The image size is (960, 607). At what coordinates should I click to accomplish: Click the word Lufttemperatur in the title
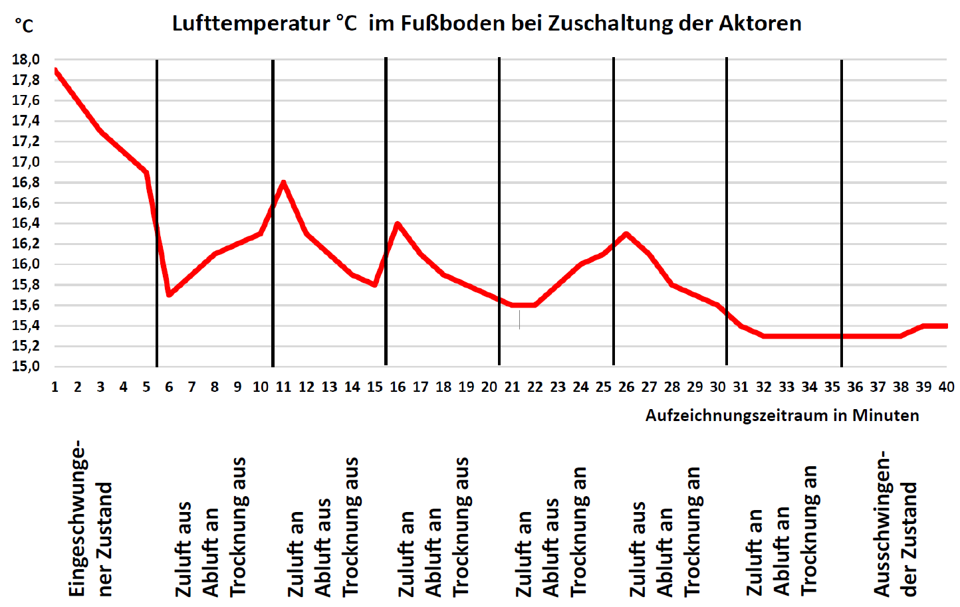click(251, 24)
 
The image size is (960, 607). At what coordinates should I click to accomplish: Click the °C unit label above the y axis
click(24, 27)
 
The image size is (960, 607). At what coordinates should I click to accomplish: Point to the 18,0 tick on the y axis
click(26, 60)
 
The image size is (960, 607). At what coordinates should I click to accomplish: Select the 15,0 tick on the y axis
click(26, 367)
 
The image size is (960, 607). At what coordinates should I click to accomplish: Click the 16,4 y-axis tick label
click(26, 223)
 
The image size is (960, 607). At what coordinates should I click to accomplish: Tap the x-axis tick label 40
click(946, 387)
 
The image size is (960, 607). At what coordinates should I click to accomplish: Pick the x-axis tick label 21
click(512, 387)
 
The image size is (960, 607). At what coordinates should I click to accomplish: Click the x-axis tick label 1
click(55, 387)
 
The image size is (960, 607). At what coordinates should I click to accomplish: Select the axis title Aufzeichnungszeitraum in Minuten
click(782, 416)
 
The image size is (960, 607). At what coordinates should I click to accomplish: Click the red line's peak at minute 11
click(284, 182)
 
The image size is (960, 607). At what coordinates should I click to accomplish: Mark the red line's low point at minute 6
click(169, 294)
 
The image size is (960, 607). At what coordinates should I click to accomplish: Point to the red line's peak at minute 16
click(398, 224)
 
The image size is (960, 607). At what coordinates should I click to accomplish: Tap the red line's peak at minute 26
click(626, 234)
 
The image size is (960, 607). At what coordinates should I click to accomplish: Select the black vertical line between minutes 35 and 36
click(842, 213)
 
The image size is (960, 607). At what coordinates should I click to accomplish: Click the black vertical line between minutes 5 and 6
click(157, 213)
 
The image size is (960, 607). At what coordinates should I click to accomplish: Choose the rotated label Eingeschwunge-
click(78, 518)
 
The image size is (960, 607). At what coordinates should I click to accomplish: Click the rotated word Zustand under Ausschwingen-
click(909, 539)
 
